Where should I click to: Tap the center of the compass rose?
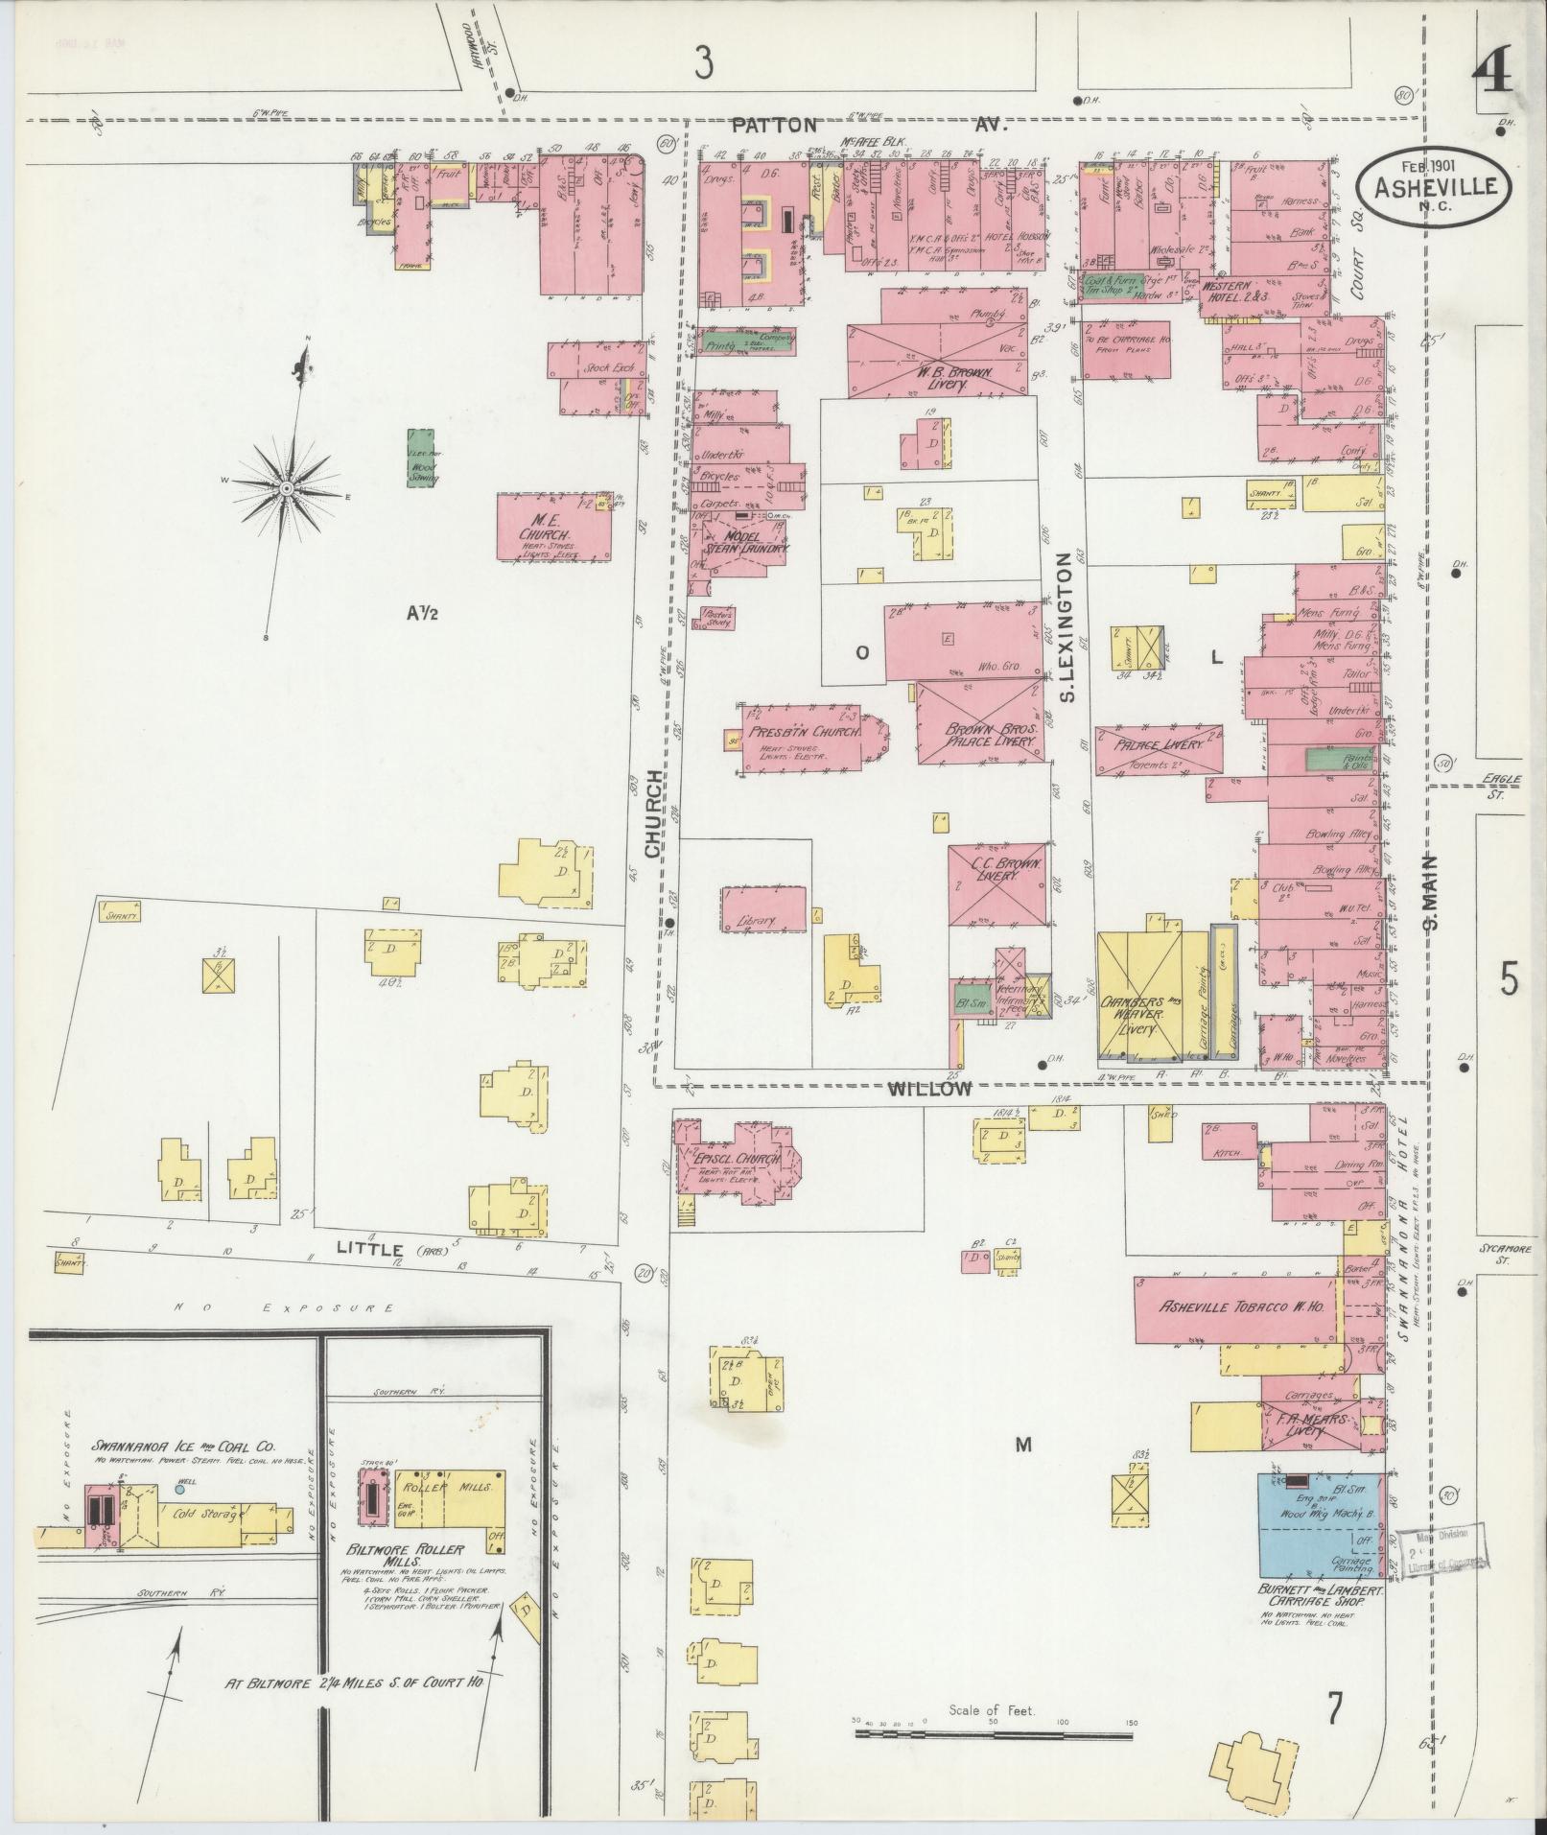click(286, 488)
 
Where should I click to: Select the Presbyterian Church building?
click(804, 738)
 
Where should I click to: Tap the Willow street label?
click(929, 1089)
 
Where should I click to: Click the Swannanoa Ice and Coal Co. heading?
click(183, 1446)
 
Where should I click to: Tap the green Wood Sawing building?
click(420, 459)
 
